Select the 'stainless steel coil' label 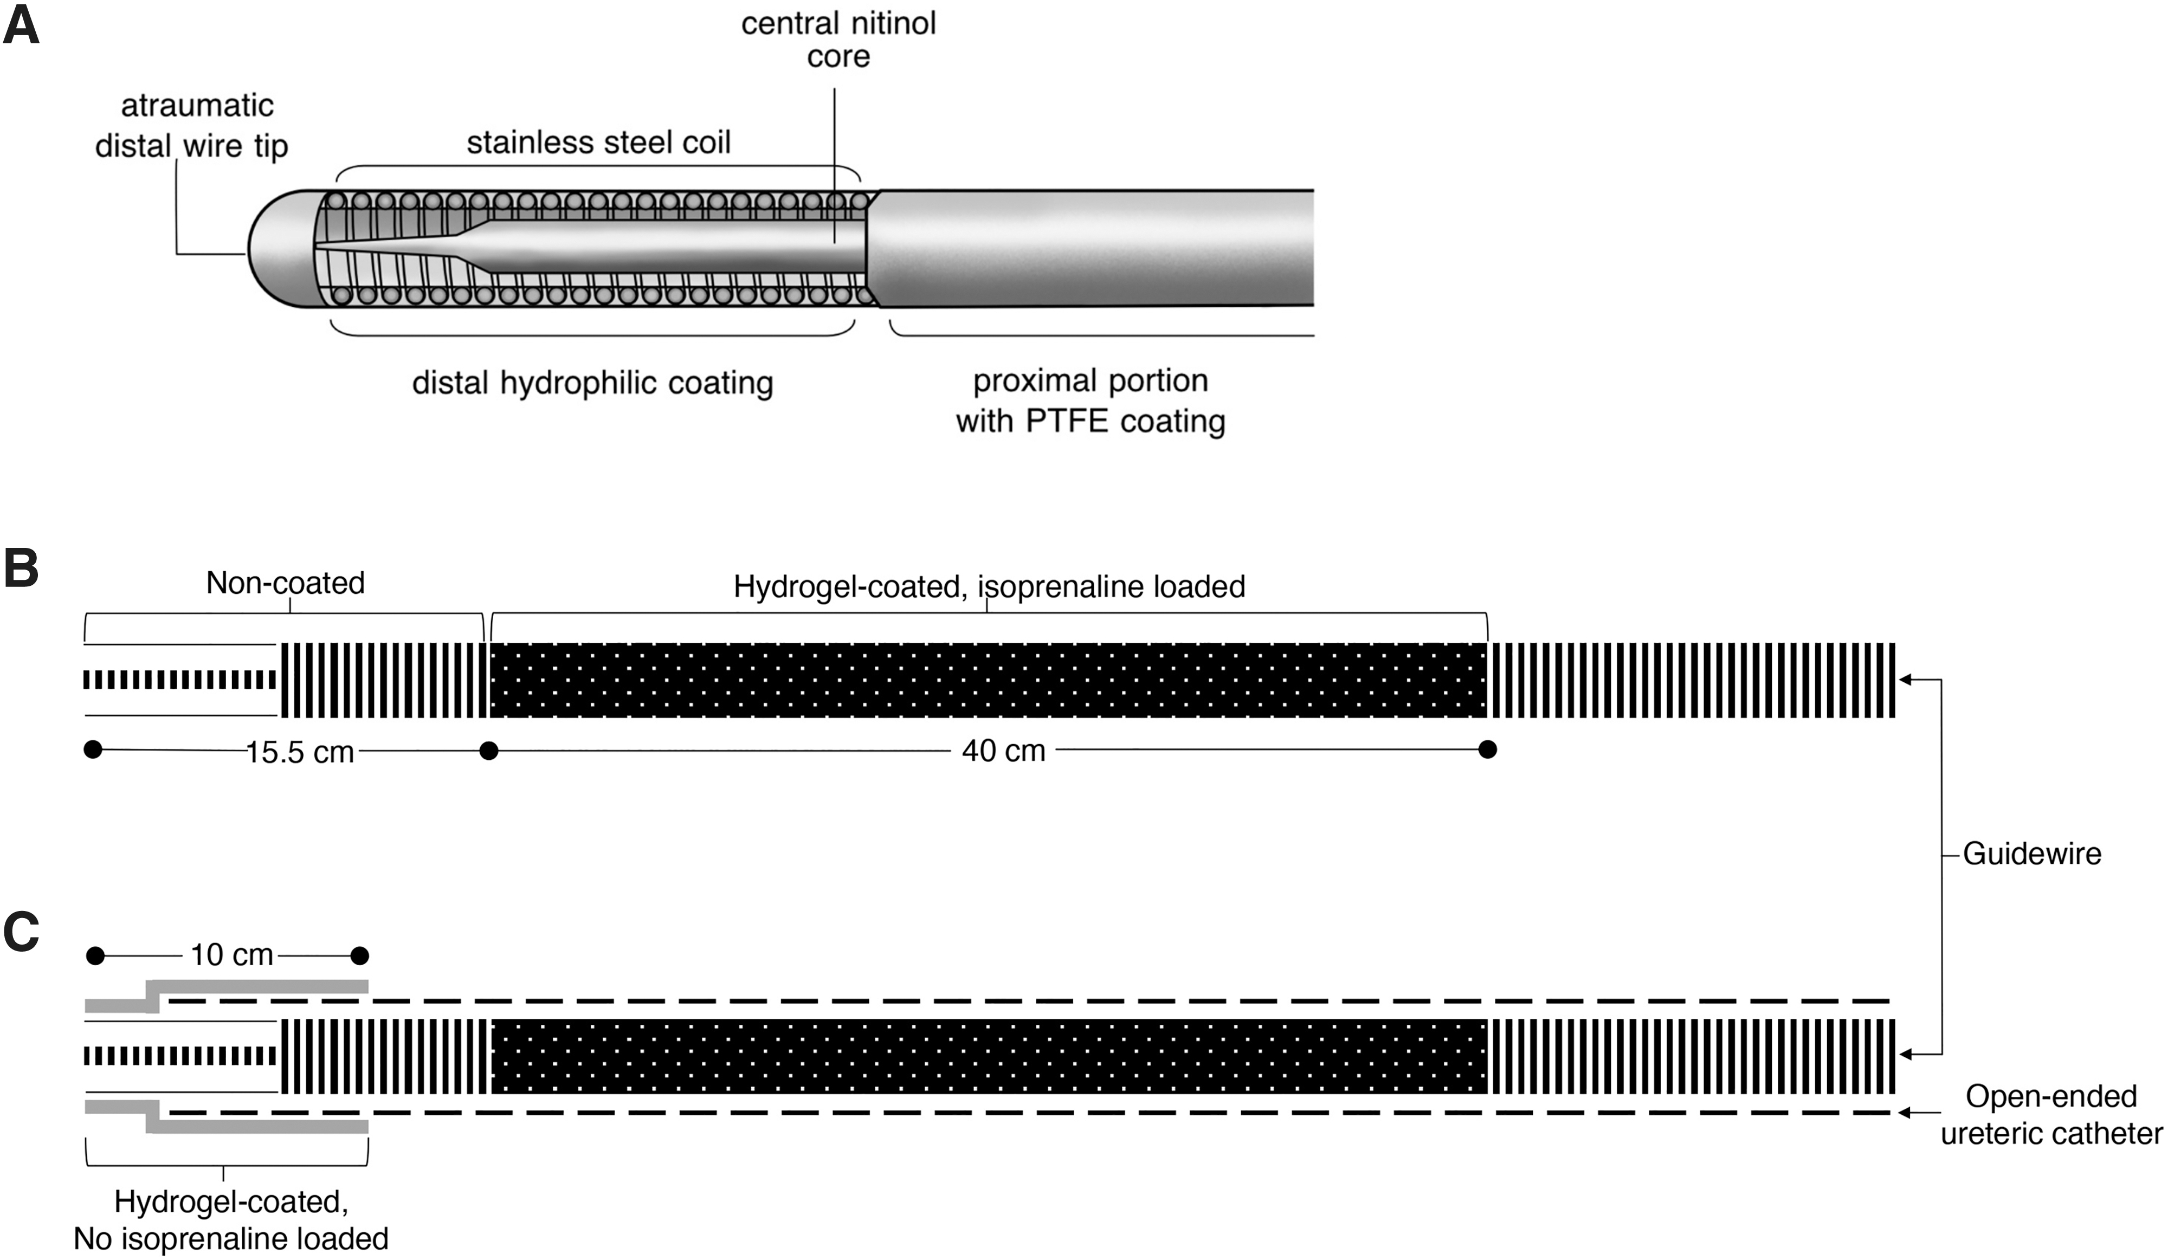click(599, 142)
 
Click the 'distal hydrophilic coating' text click(593, 383)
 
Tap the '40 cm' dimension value click(1003, 751)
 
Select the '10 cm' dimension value click(231, 955)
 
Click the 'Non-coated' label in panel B click(286, 583)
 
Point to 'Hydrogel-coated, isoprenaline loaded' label click(989, 586)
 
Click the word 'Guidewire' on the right click(2032, 854)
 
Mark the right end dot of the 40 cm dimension click(1487, 750)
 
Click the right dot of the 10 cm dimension click(360, 955)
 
